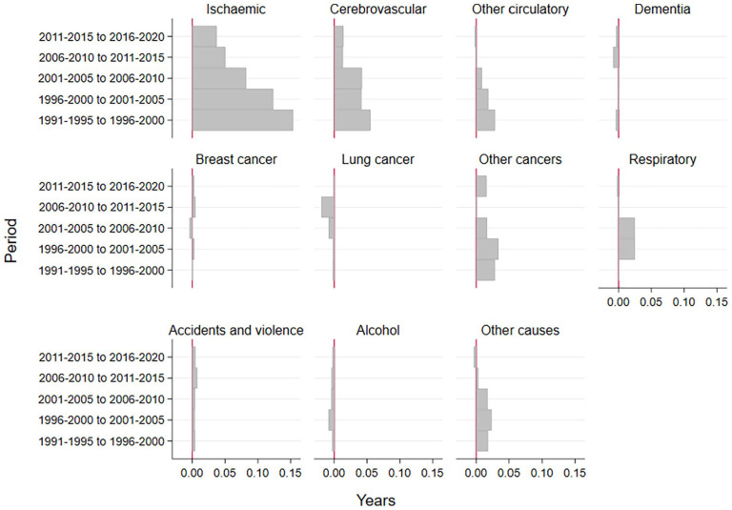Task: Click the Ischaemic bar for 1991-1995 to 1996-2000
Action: click(242, 120)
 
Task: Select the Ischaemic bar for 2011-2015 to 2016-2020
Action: click(204, 36)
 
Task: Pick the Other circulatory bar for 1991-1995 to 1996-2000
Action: click(485, 120)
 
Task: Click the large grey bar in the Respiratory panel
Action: click(626, 238)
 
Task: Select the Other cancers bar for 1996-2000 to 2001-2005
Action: click(487, 249)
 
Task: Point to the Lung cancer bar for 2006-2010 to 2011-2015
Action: click(327, 207)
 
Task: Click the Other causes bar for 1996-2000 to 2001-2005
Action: click(483, 419)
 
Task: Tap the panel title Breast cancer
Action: click(235, 158)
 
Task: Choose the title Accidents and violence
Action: click(235, 330)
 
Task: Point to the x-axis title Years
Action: click(376, 500)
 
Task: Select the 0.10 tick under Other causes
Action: click(541, 473)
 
